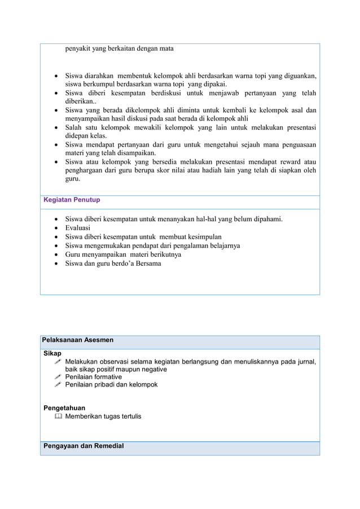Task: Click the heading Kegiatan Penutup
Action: tap(72, 200)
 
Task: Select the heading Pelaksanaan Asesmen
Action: tap(78, 340)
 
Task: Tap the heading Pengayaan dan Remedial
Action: tap(83, 446)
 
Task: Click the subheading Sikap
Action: tap(53, 353)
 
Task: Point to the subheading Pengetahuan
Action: tap(65, 407)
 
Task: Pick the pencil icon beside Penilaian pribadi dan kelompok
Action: tap(58, 385)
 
